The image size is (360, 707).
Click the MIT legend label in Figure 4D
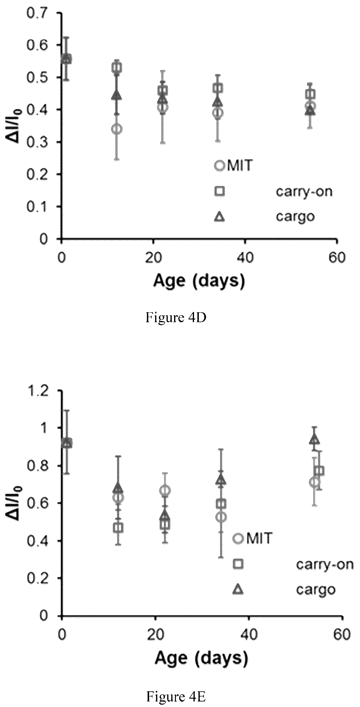(x=239, y=166)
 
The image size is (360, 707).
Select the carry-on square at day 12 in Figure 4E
(x=120, y=527)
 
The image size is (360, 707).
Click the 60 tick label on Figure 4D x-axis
(x=337, y=258)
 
